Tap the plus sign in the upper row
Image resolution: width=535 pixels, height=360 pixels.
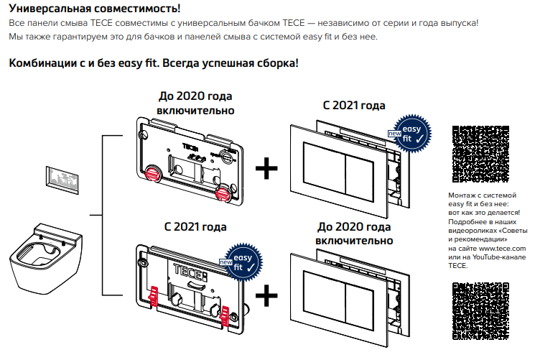click(x=266, y=169)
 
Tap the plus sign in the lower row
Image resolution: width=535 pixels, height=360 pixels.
click(x=266, y=295)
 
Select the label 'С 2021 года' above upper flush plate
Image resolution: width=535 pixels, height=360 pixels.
click(x=354, y=106)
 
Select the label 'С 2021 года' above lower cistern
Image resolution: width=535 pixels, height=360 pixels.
click(x=195, y=227)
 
